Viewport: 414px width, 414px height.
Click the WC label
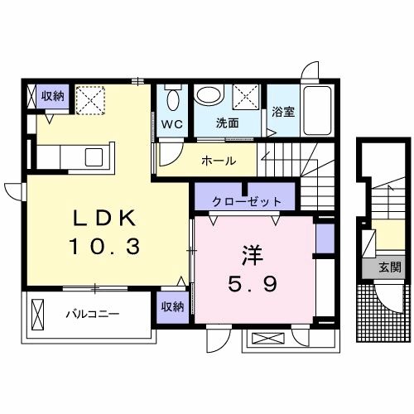[x=172, y=124]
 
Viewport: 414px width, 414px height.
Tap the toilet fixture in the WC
[x=172, y=99]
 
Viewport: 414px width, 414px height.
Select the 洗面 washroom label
[x=227, y=123]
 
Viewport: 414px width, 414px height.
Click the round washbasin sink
[x=210, y=97]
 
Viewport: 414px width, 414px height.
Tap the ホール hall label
[x=219, y=160]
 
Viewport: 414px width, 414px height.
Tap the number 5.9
[x=253, y=283]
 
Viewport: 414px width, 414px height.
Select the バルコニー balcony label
[x=92, y=315]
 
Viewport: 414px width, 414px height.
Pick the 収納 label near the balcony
[x=173, y=307]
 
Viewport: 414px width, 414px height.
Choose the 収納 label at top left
[x=53, y=97]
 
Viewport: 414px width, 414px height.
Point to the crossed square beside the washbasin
[x=246, y=97]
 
